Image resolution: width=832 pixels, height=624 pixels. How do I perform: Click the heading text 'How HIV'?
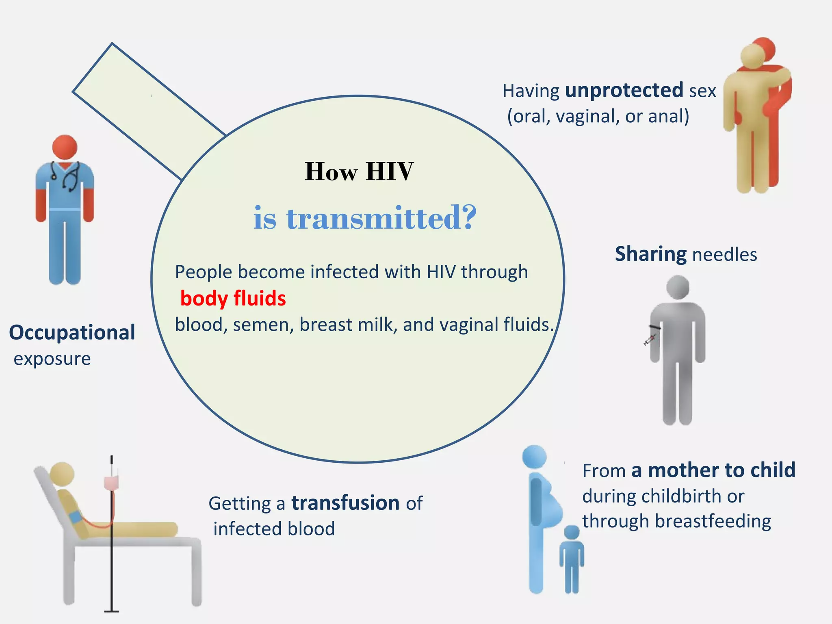359,171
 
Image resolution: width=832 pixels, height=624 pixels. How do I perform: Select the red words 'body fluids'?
233,298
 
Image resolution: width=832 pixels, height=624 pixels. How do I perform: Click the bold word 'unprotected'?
624,90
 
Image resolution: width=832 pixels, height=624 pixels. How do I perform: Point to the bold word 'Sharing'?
650,254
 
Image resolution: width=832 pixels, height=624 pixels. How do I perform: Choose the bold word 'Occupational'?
72,332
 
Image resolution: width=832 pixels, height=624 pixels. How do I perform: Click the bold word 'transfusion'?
346,503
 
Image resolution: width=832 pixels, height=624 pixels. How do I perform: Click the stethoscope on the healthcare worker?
69,176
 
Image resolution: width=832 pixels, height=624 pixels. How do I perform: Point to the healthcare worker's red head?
65,147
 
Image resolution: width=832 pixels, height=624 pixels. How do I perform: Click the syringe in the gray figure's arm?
650,340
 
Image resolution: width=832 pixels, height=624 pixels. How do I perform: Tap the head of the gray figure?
678,287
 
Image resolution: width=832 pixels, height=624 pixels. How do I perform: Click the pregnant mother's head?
535,457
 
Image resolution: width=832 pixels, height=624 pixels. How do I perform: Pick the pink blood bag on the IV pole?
111,483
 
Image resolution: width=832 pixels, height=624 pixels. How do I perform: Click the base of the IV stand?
111,611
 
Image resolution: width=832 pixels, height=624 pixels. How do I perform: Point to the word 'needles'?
724,255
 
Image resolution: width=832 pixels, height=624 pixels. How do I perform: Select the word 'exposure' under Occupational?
52,359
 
